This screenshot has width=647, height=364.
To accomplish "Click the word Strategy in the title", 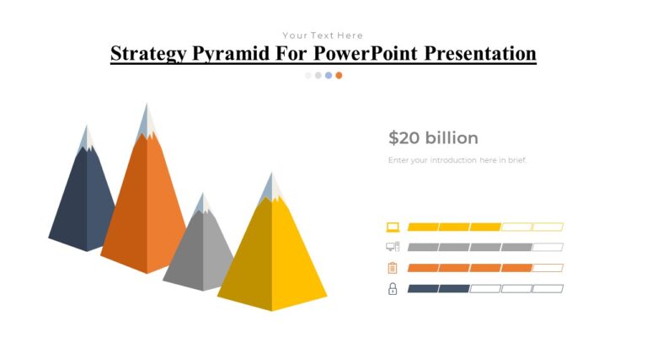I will (x=148, y=54).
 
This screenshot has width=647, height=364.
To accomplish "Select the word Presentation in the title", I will (x=480, y=54).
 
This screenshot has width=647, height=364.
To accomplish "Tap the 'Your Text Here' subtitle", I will (x=323, y=35).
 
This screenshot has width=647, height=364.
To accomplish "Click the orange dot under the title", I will (x=339, y=75).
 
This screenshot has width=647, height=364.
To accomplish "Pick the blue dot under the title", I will (x=329, y=75).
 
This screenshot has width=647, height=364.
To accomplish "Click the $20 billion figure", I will (x=433, y=138).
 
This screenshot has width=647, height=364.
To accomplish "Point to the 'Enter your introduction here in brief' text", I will (x=457, y=160).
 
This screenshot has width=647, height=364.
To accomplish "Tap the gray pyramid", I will (x=201, y=253).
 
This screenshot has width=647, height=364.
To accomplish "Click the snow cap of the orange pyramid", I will (x=147, y=122).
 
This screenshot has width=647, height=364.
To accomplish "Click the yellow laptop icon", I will (x=393, y=227).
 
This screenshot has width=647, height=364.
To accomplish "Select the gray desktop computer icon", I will (x=393, y=247).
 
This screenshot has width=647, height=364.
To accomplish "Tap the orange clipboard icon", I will (x=393, y=268).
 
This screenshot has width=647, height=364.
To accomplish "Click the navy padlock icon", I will (x=393, y=289).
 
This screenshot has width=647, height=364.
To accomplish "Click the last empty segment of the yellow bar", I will (x=548, y=227).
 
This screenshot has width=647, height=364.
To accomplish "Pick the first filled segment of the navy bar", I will (x=423, y=289).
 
